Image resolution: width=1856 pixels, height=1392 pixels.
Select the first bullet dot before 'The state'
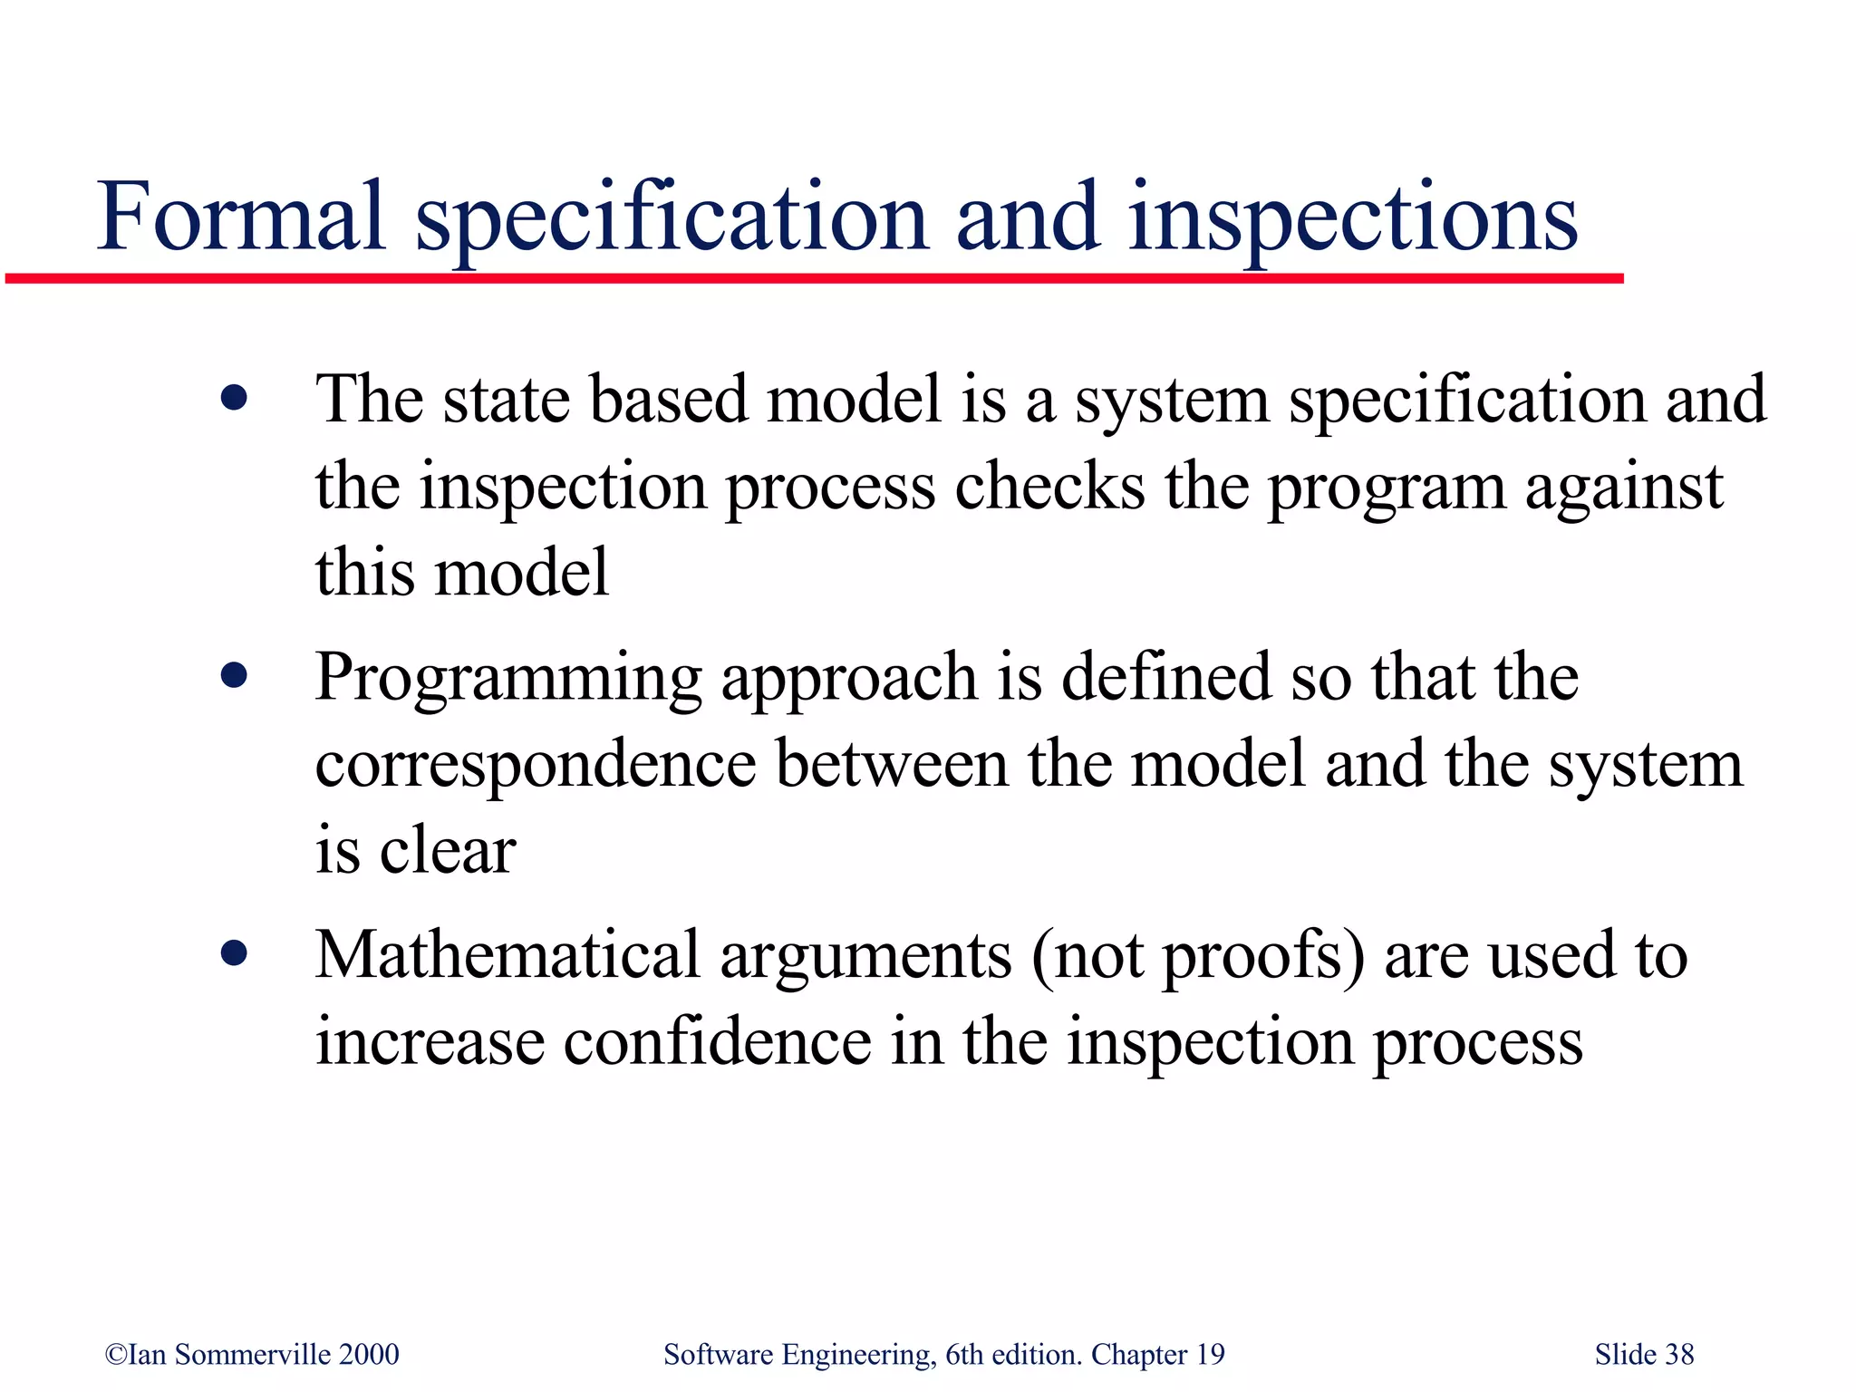[234, 398]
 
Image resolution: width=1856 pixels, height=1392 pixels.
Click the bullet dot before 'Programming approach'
[234, 675]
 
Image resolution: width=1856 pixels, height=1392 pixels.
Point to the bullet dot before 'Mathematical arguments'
[234, 953]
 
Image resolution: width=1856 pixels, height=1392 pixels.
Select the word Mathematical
[507, 955]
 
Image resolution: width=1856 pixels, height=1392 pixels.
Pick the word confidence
[717, 1042]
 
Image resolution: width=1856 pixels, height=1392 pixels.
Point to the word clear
[448, 852]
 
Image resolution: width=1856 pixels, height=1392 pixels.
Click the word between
[892, 764]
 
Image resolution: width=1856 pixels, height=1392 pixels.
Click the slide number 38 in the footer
[1679, 1355]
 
